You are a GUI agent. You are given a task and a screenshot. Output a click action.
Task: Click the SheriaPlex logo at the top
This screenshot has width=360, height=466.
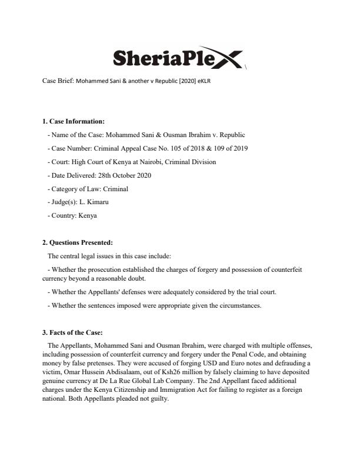tap(176, 58)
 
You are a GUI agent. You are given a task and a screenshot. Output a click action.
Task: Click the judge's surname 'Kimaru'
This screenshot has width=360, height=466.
tap(98, 202)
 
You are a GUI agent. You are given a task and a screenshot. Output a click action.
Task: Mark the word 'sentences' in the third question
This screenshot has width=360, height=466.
tap(95, 305)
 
